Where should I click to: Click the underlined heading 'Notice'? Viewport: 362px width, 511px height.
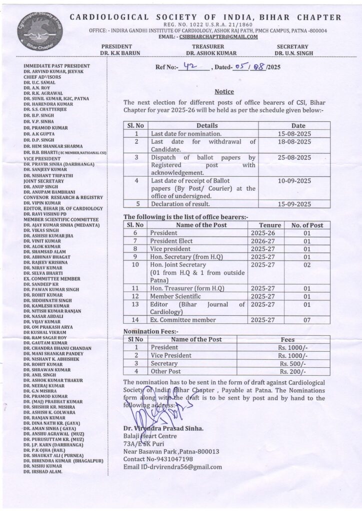(x=224, y=92)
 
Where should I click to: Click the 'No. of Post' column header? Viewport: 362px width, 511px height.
(x=307, y=225)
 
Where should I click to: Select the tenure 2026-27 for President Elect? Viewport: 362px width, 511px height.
(x=263, y=241)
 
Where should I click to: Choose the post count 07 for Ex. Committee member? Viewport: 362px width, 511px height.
(x=307, y=320)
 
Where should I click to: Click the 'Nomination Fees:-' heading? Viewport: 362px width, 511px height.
(x=151, y=331)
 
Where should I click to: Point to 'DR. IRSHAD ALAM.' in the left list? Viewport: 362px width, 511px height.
(x=43, y=472)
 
